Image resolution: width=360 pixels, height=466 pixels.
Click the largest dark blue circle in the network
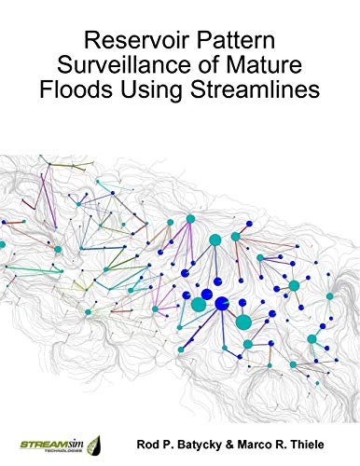[x=223, y=303]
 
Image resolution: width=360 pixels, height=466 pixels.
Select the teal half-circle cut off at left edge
[x=3, y=244]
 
